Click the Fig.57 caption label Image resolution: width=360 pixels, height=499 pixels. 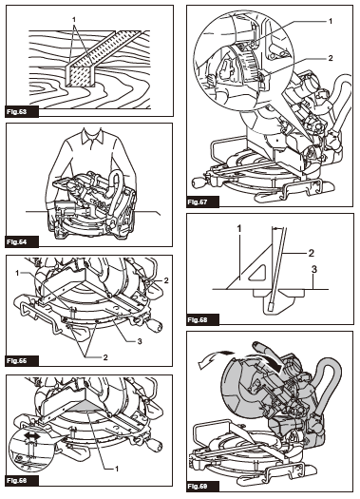tap(200, 202)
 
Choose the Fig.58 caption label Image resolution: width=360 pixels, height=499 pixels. tap(200, 320)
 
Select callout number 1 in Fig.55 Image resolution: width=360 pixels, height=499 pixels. tap(17, 274)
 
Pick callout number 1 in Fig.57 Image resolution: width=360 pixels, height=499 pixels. tap(329, 20)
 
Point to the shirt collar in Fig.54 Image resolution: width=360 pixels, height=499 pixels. tap(92, 135)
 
